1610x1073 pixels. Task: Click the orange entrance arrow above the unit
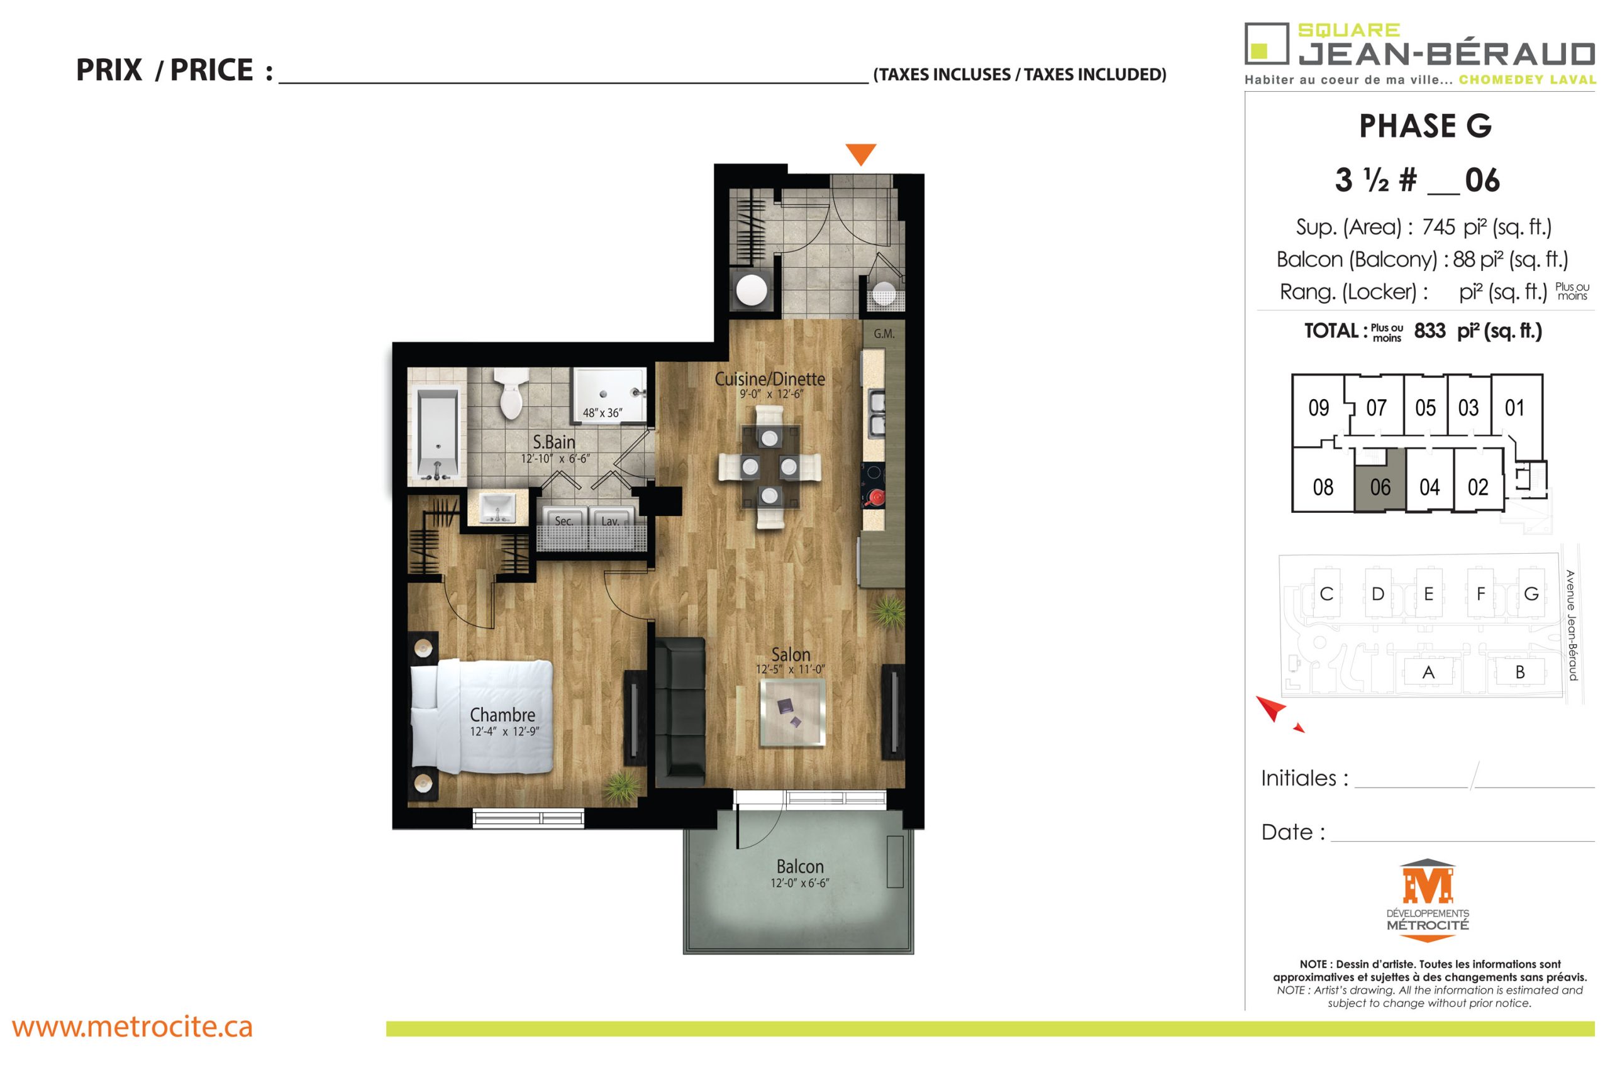(860, 153)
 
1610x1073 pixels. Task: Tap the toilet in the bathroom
(510, 393)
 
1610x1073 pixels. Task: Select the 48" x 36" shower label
(602, 412)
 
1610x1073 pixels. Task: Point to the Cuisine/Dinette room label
(770, 378)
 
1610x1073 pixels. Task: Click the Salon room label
(791, 654)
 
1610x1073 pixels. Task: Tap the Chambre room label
(502, 715)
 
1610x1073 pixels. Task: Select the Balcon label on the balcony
(799, 866)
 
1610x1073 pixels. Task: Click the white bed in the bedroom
(481, 716)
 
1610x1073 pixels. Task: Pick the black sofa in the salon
(680, 712)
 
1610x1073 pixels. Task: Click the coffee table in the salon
(792, 712)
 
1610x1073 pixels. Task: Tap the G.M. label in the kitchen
(884, 334)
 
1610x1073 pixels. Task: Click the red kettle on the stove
(875, 497)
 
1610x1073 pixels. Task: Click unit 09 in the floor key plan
(1318, 408)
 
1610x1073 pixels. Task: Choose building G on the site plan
(1531, 594)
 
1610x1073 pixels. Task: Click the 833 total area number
(1430, 331)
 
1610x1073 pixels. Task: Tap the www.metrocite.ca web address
(132, 1027)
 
